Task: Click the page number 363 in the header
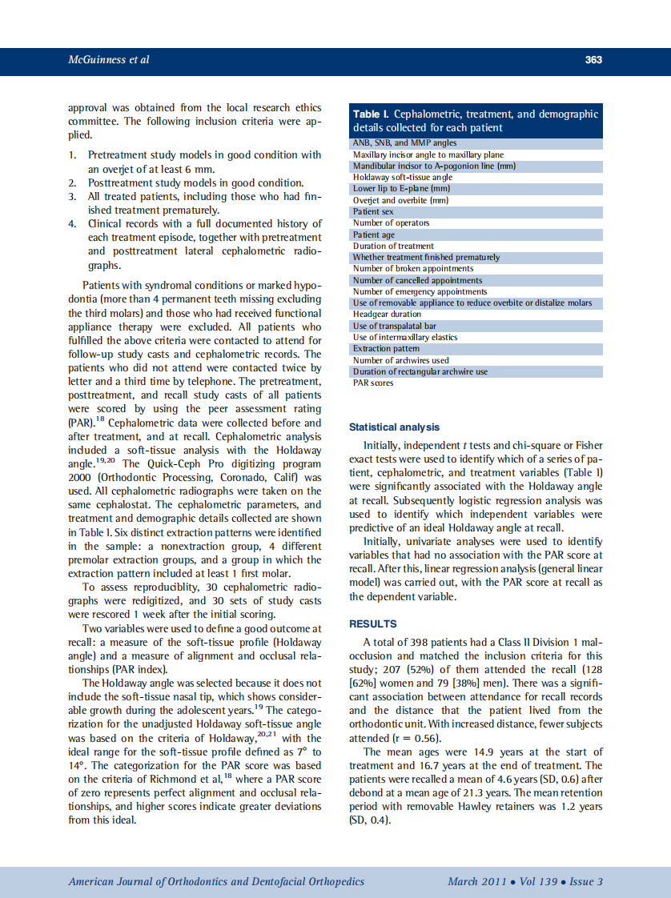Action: (x=593, y=60)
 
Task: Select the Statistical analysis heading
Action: (x=394, y=427)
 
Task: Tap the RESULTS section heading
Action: (x=373, y=623)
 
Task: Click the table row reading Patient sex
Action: (x=373, y=212)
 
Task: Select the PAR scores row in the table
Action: (x=373, y=383)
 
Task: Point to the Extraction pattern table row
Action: (x=385, y=349)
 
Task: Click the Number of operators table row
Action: (x=391, y=223)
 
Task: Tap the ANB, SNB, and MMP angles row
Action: (x=393, y=143)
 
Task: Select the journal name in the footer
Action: (x=216, y=881)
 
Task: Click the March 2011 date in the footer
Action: (x=477, y=881)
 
